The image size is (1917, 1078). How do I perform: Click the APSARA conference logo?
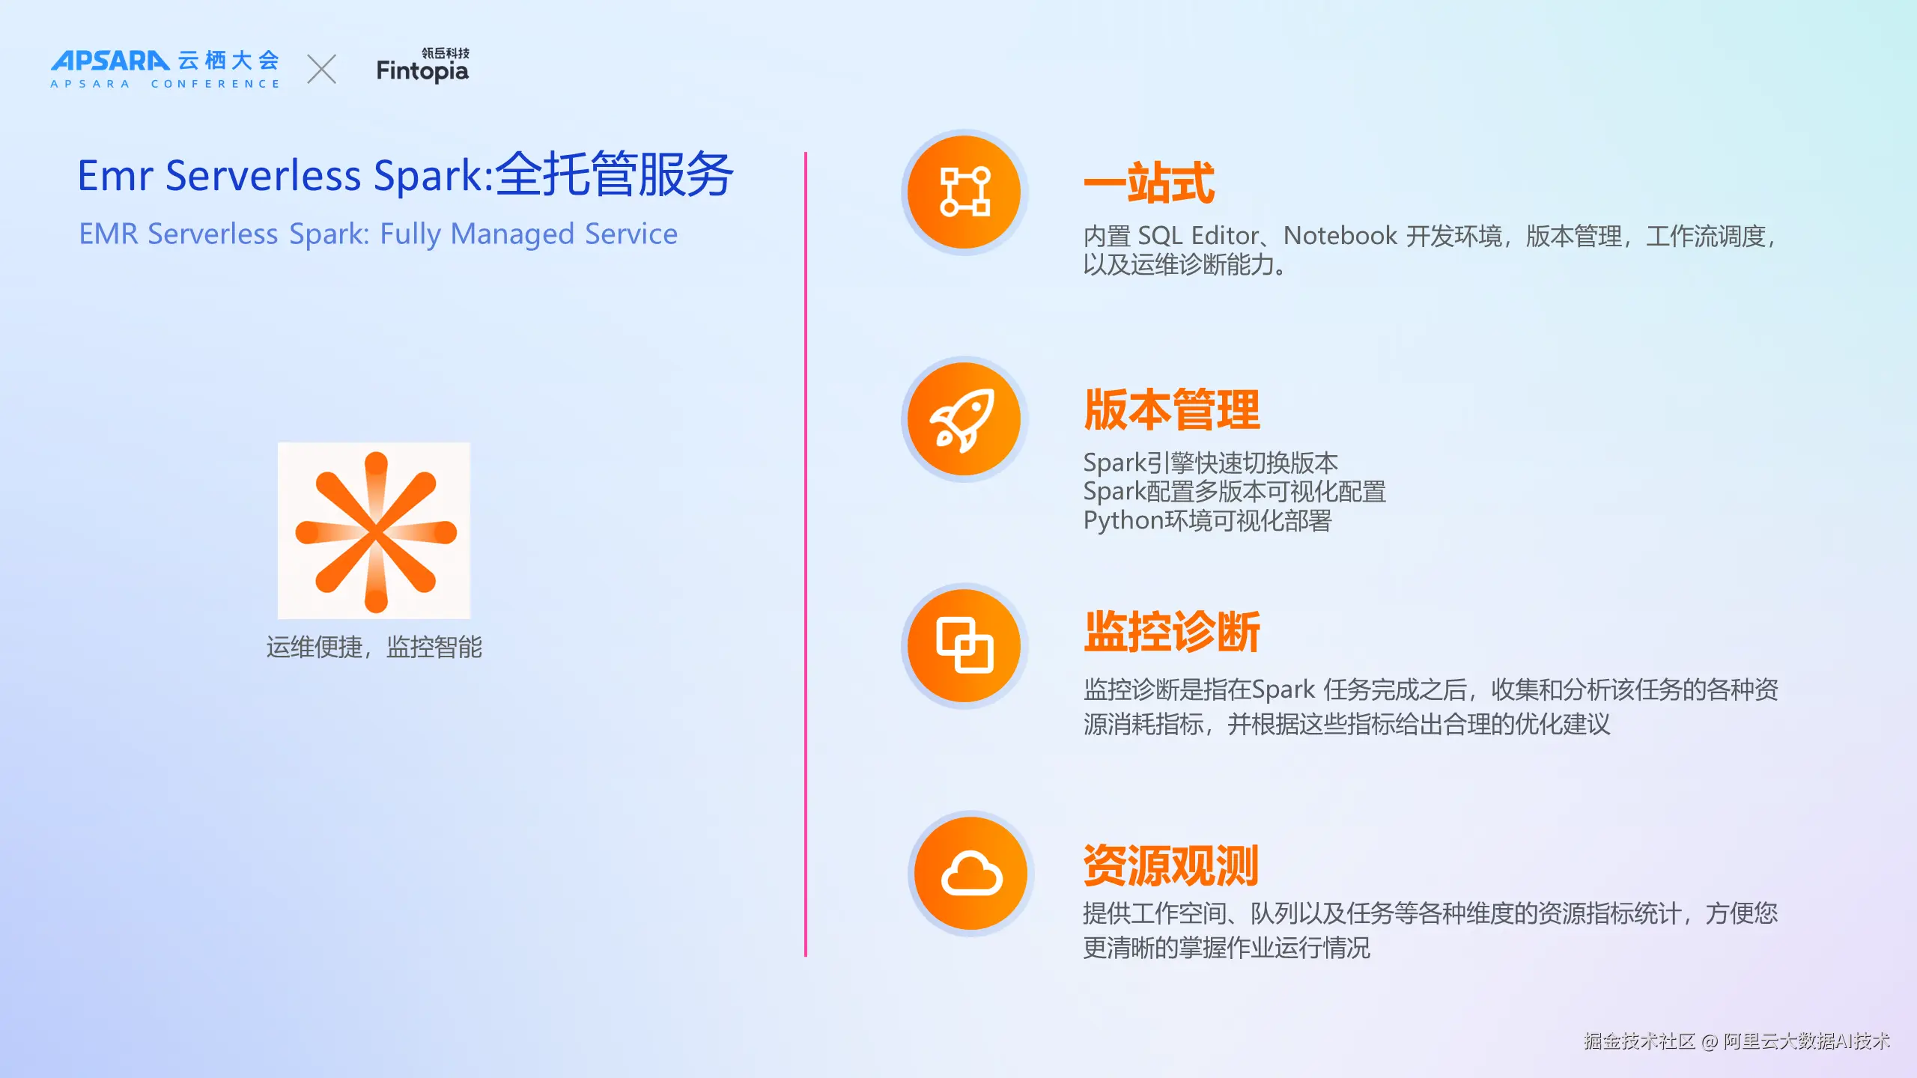point(165,69)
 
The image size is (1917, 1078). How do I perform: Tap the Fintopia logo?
point(423,65)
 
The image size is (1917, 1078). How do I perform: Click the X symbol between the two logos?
point(322,69)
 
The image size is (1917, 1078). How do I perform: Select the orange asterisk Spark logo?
point(374,531)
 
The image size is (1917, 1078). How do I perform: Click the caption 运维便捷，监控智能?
point(374,647)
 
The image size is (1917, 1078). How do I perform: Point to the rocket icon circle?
point(964,419)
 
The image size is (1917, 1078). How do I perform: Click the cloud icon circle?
point(970,873)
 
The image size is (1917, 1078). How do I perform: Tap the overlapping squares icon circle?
point(964,645)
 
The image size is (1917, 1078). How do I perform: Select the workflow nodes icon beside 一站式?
point(964,192)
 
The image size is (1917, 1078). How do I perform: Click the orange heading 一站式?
point(1149,183)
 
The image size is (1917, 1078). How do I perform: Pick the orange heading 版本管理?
point(1172,409)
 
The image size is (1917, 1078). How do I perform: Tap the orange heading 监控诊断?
point(1172,632)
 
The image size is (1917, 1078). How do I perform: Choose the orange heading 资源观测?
point(1171,865)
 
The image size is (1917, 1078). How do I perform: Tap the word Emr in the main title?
point(115,176)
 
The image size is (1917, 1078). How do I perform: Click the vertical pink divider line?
point(806,554)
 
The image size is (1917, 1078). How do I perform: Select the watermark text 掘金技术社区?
point(1640,1041)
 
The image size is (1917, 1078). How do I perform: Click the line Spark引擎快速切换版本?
point(1211,463)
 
